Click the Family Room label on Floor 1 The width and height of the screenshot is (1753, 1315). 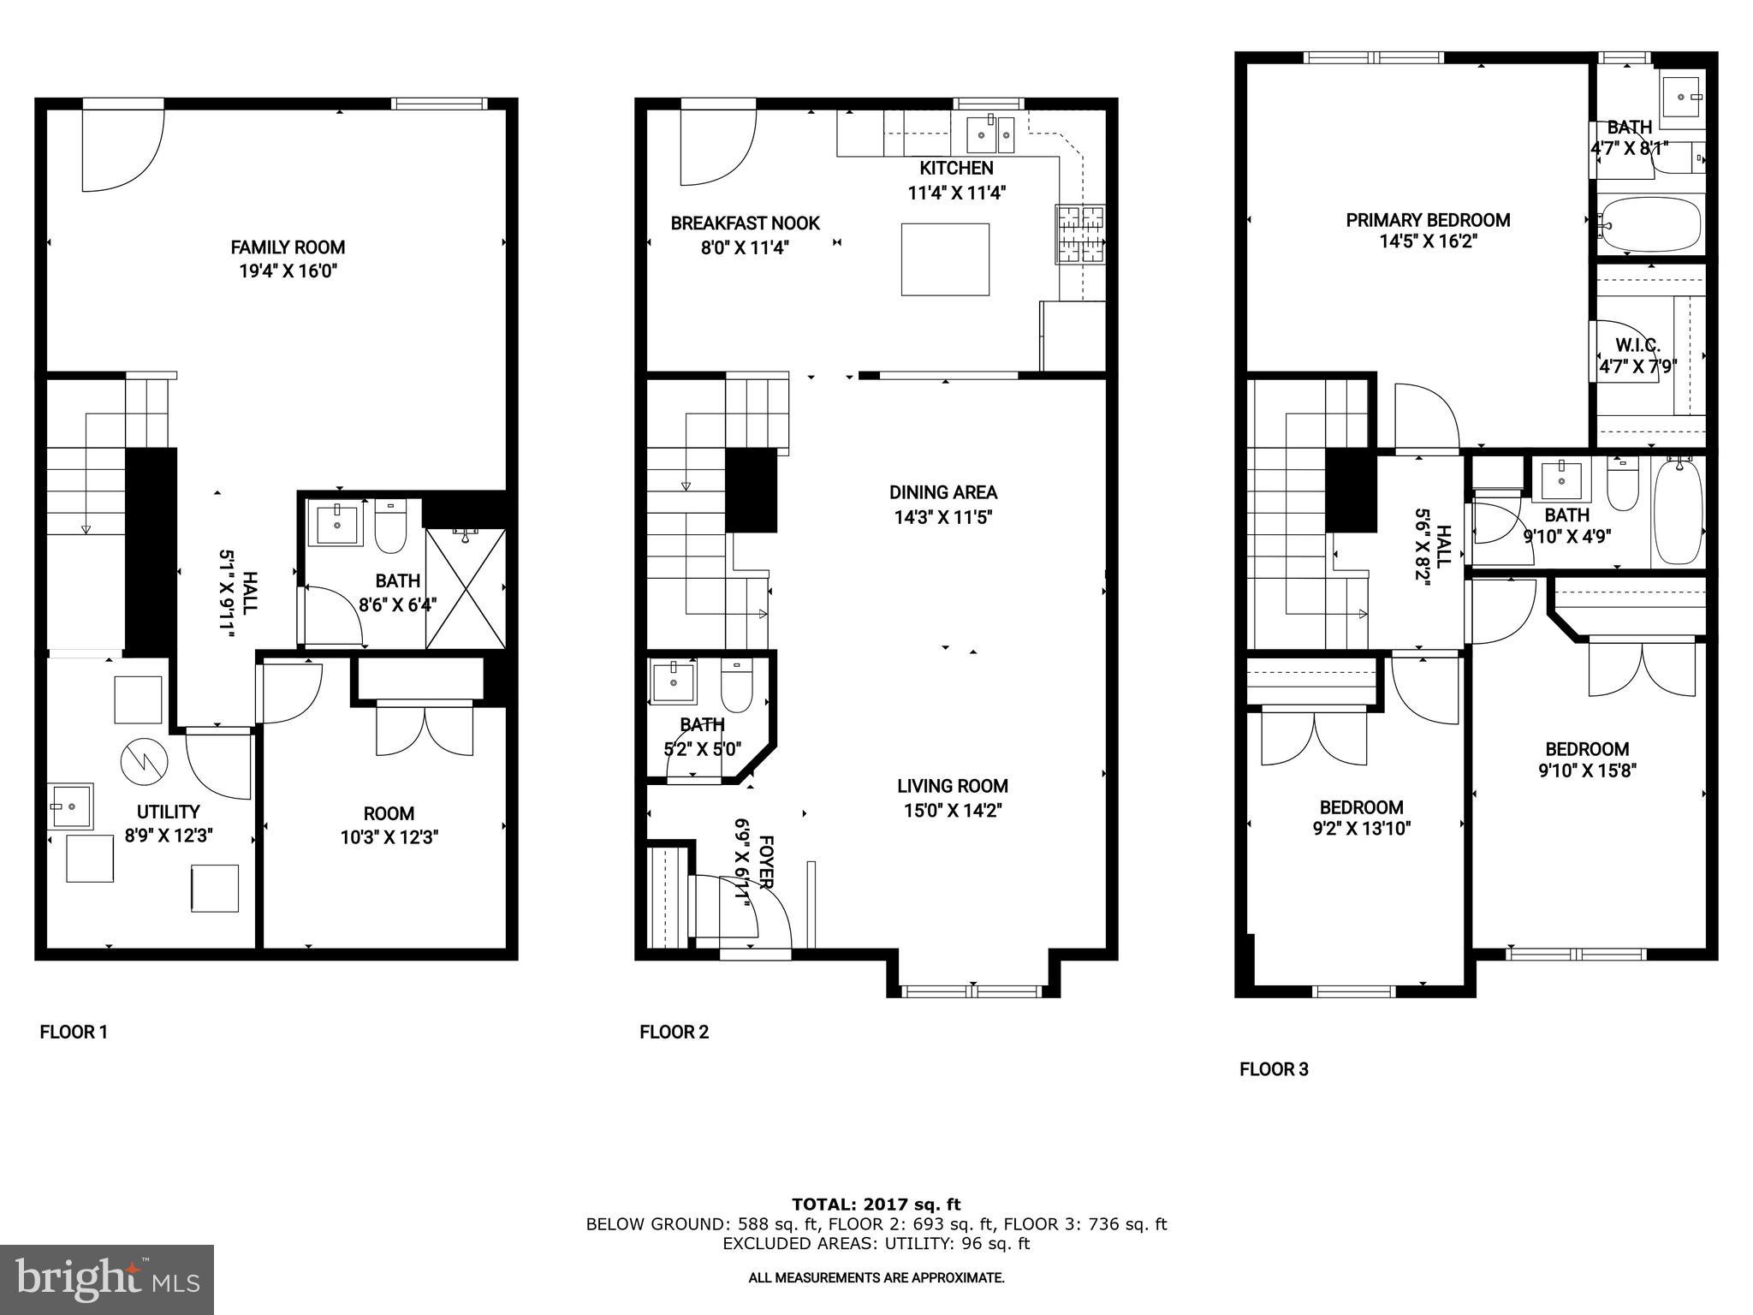coord(288,247)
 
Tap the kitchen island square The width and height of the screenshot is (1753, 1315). coord(945,259)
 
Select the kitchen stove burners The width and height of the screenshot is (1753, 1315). coord(1079,234)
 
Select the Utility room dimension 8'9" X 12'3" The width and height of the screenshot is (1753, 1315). coord(169,836)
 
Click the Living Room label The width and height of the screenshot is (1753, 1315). coord(952,786)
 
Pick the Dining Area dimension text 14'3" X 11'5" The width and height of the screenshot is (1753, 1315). coord(942,517)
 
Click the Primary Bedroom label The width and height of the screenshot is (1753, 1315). coord(1428,220)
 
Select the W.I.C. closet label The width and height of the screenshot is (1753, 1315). coord(1637,346)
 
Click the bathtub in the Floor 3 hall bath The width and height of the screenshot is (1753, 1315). coord(1677,511)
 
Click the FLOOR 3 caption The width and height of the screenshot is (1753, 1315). coord(1274,1069)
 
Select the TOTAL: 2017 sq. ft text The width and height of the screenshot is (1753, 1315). coord(876,1205)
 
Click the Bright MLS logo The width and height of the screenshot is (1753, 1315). coord(107,1279)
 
